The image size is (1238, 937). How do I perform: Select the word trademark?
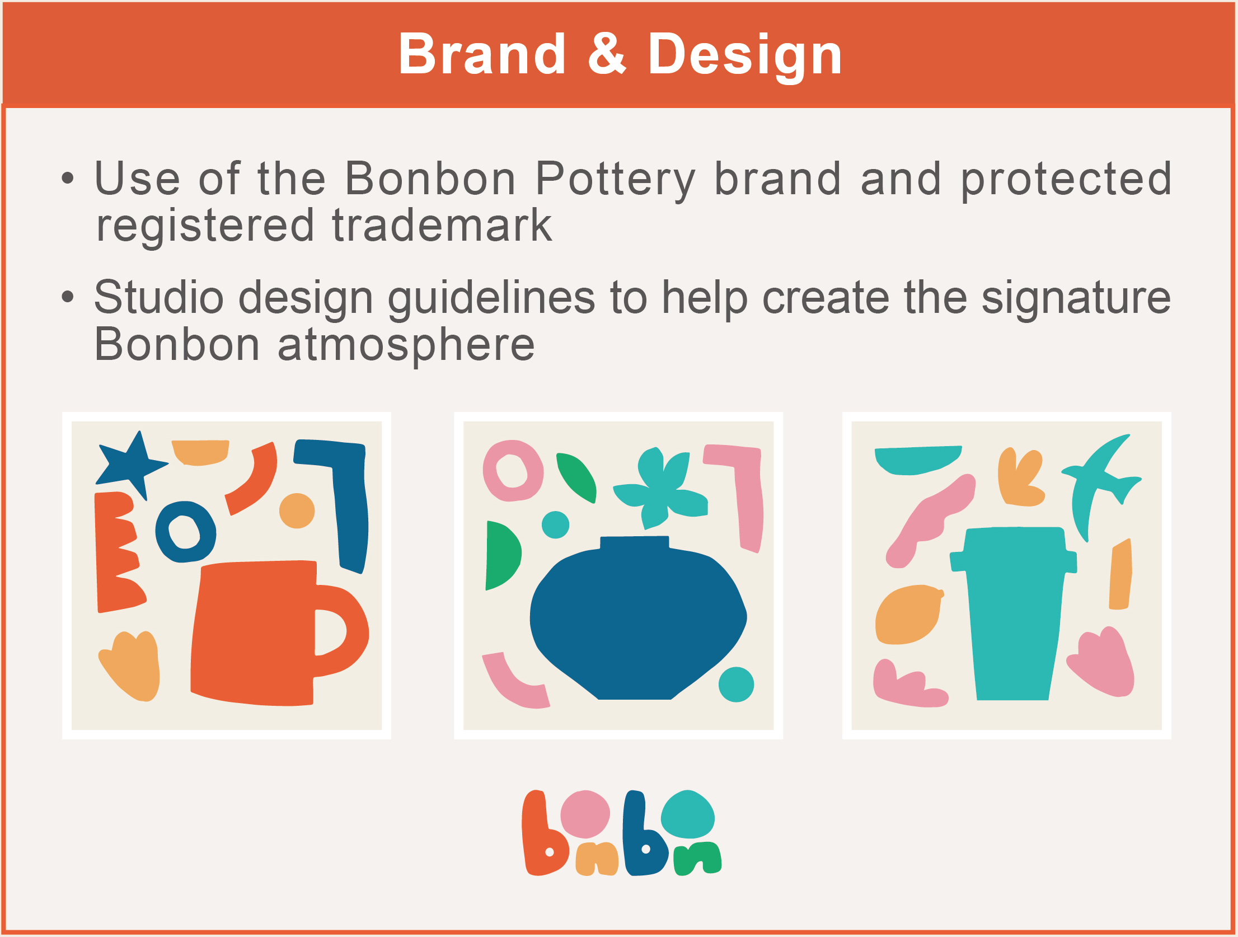tap(442, 225)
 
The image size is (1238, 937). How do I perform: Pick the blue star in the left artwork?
tap(131, 465)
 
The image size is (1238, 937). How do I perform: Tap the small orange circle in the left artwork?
tap(297, 510)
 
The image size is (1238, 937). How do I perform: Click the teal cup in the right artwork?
tap(1013, 613)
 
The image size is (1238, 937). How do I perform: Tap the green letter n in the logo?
tap(697, 858)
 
